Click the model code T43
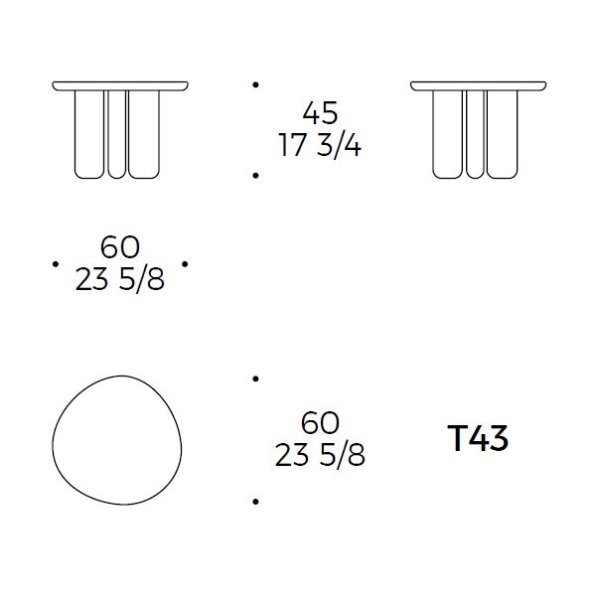(478, 438)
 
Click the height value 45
(320, 112)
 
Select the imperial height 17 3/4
(320, 146)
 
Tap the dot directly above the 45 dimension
(255, 84)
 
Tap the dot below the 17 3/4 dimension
(255, 176)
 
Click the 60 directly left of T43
(320, 423)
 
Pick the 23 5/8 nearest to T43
(320, 455)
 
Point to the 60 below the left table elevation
(120, 246)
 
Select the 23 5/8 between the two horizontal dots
(120, 279)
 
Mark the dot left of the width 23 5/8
(56, 264)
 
